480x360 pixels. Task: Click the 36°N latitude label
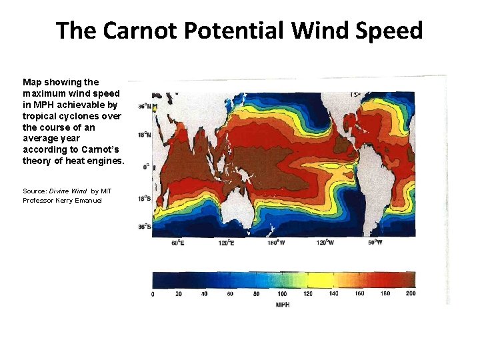[x=143, y=106]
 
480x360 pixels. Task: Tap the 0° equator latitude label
[x=146, y=167]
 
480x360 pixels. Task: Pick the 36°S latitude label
[x=144, y=227]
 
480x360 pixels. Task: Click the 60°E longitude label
[x=177, y=243]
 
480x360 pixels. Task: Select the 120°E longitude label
[x=227, y=243]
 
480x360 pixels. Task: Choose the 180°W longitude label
[x=277, y=243]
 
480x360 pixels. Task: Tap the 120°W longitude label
[x=326, y=243]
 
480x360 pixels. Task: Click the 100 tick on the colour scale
[x=282, y=294]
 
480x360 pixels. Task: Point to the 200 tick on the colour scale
[x=410, y=294]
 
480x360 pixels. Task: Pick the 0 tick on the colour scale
[x=153, y=294]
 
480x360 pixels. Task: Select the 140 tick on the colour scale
[x=333, y=294]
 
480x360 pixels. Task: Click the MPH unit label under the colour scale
[x=283, y=305]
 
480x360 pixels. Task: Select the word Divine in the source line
[x=58, y=191]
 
